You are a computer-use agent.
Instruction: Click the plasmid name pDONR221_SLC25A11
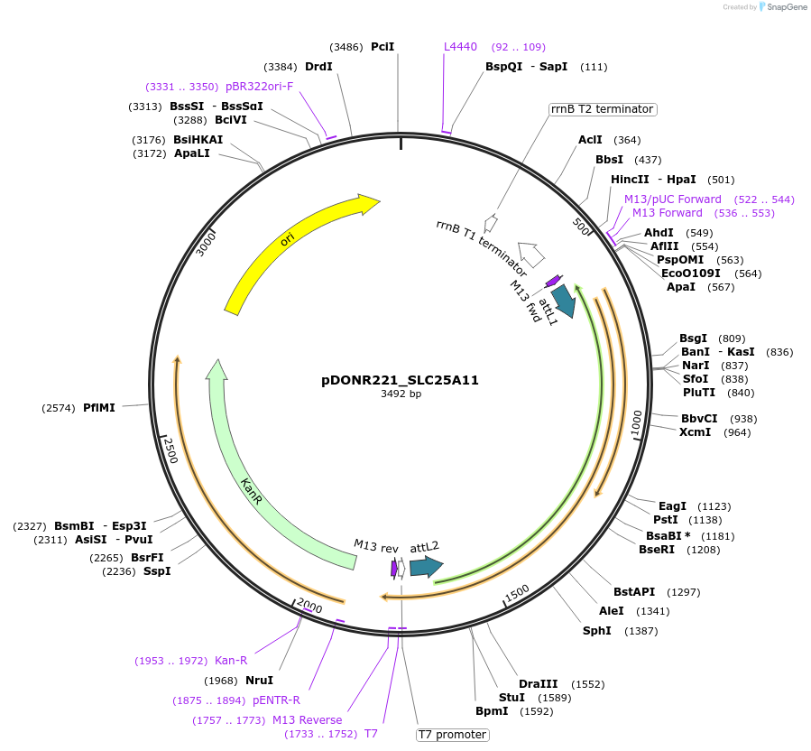click(400, 380)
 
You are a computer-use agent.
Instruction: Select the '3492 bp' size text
click(401, 394)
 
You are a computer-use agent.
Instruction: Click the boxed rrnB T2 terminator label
click(602, 109)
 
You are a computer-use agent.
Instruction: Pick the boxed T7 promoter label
click(452, 735)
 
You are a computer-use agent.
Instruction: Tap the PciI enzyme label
click(382, 46)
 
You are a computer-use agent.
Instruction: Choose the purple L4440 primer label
click(460, 46)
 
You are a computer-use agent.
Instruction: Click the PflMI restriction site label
click(99, 408)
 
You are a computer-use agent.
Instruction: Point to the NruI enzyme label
click(259, 681)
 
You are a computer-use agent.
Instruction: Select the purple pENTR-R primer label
click(276, 700)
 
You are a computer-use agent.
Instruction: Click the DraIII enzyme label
click(538, 683)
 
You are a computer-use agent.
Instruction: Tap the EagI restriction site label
click(672, 506)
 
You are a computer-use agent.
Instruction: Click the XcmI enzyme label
click(695, 432)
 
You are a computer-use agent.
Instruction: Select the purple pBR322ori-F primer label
click(259, 87)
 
